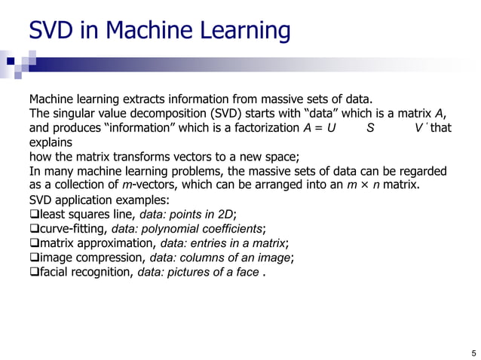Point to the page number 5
click(473, 352)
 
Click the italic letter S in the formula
click(369, 127)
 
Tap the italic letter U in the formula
click(331, 127)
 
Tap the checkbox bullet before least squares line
click(33, 214)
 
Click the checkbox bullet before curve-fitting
click(33, 228)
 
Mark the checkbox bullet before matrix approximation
click(33, 243)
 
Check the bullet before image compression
click(33, 257)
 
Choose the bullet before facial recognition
click(33, 271)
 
